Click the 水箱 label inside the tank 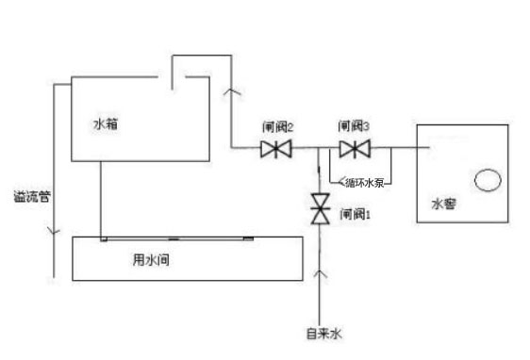[x=106, y=123]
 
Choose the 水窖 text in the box [x=443, y=203]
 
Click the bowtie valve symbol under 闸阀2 [x=275, y=149]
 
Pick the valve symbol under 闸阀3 [x=355, y=149]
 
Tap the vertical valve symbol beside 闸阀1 [x=321, y=208]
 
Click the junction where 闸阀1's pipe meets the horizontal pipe [x=321, y=149]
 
